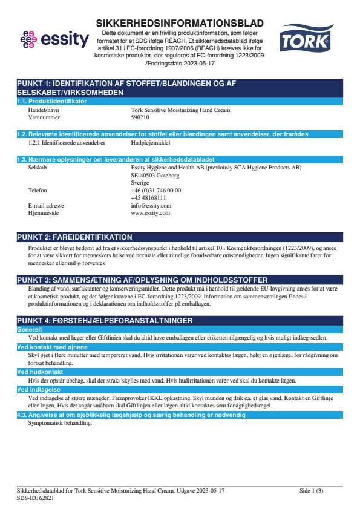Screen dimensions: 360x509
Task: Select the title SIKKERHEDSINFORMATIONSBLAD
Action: [x=180, y=23]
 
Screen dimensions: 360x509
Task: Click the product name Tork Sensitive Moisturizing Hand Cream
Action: [x=180, y=111]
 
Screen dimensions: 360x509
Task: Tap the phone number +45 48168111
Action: [x=148, y=198]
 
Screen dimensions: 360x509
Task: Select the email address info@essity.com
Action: [x=151, y=206]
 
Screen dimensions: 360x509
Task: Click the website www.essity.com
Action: [x=150, y=213]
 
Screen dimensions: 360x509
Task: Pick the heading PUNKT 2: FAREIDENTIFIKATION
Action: [x=74, y=237]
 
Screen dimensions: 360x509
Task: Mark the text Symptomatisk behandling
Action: [x=60, y=423]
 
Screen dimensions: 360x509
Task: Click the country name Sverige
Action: [x=140, y=182]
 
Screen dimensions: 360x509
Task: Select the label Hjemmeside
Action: [x=44, y=213]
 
